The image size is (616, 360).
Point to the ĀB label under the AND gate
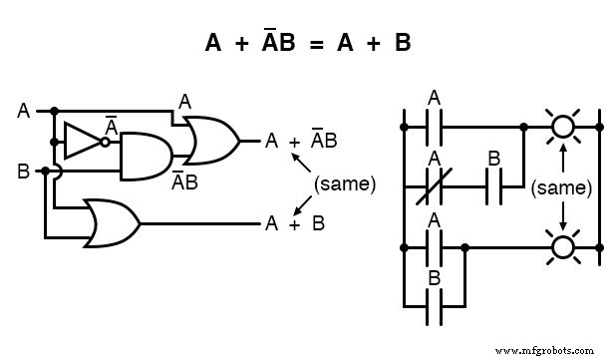(183, 181)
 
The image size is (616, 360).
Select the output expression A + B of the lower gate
(294, 222)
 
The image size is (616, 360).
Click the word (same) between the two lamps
(563, 185)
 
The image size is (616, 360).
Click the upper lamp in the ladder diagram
(564, 127)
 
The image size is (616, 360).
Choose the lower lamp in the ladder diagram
(564, 244)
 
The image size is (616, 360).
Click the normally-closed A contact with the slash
(435, 185)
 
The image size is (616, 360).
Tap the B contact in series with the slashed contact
(493, 185)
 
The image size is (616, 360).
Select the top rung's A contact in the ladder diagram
(435, 127)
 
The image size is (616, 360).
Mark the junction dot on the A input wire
(54, 111)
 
